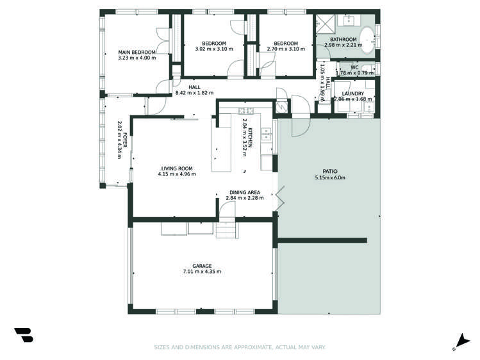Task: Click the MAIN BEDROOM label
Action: (137, 52)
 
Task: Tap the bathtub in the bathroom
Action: (367, 40)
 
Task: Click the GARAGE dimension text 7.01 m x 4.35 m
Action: (202, 272)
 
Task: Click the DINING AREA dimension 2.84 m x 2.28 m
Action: (245, 198)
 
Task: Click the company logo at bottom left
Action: (23, 335)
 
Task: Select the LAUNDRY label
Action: (353, 94)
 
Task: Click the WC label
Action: (354, 67)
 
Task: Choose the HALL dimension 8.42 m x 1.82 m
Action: (195, 93)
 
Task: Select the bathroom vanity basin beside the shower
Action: (345, 21)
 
